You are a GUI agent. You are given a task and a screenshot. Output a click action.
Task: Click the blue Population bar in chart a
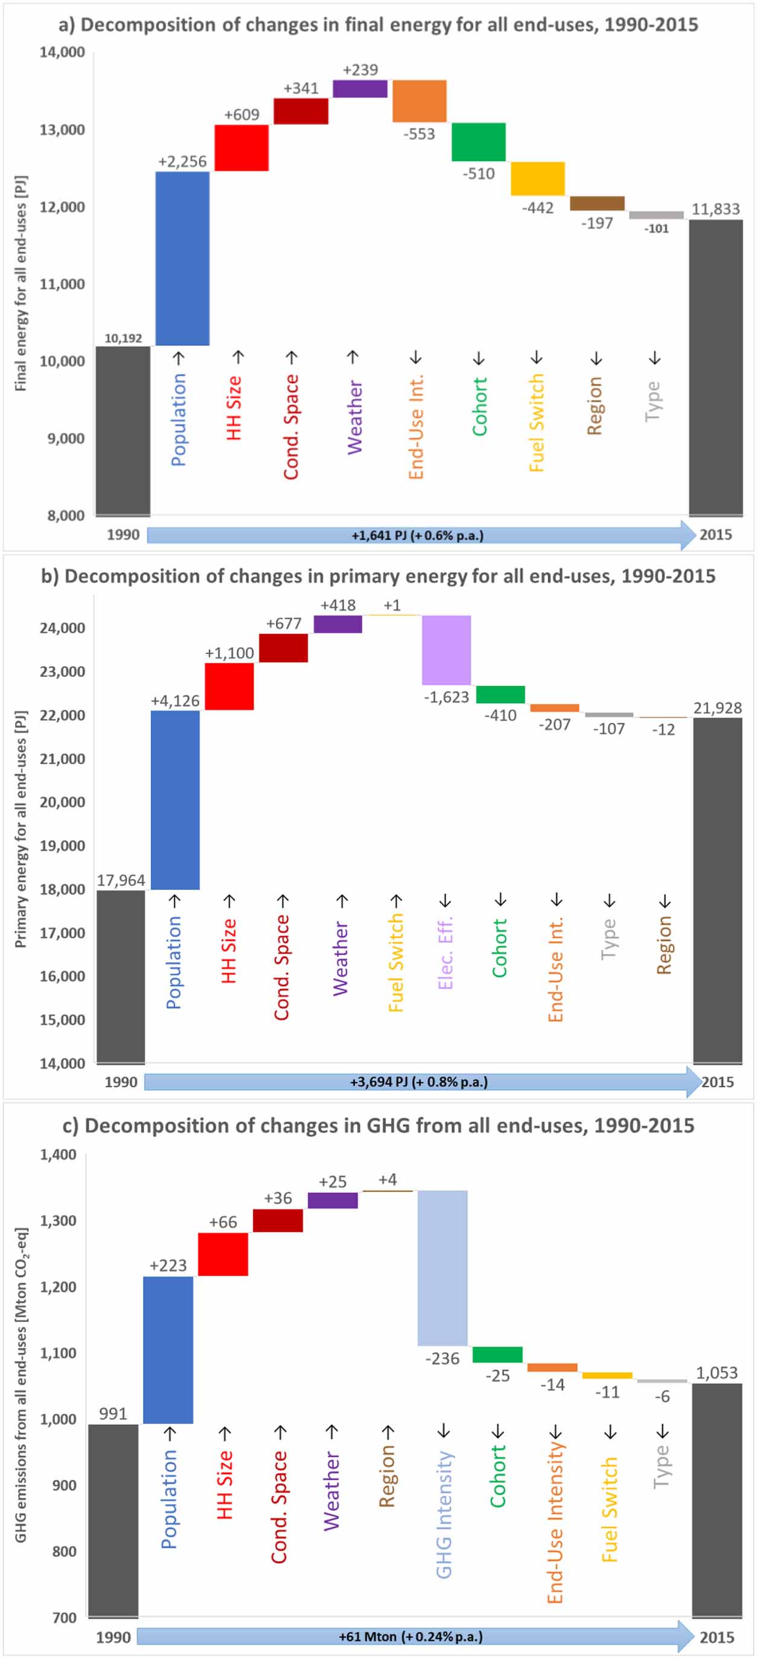182,258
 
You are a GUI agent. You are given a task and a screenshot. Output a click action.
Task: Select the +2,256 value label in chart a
182,162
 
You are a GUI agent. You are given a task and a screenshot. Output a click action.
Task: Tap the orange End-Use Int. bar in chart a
419,101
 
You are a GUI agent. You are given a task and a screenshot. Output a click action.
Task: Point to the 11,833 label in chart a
716,209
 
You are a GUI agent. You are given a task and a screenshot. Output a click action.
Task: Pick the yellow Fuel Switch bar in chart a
538,179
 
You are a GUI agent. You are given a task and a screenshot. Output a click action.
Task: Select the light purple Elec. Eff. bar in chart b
447,650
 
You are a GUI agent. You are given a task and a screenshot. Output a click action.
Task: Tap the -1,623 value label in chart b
447,697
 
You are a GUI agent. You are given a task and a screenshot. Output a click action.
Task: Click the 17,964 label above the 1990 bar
121,880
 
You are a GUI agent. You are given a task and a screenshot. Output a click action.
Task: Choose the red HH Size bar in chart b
229,687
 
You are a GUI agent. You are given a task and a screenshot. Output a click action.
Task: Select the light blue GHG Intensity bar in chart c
442,1268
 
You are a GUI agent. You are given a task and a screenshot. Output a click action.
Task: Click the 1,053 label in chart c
717,1372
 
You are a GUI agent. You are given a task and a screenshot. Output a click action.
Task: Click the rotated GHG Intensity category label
444,1514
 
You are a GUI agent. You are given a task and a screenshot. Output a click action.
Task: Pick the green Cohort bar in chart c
497,1354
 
